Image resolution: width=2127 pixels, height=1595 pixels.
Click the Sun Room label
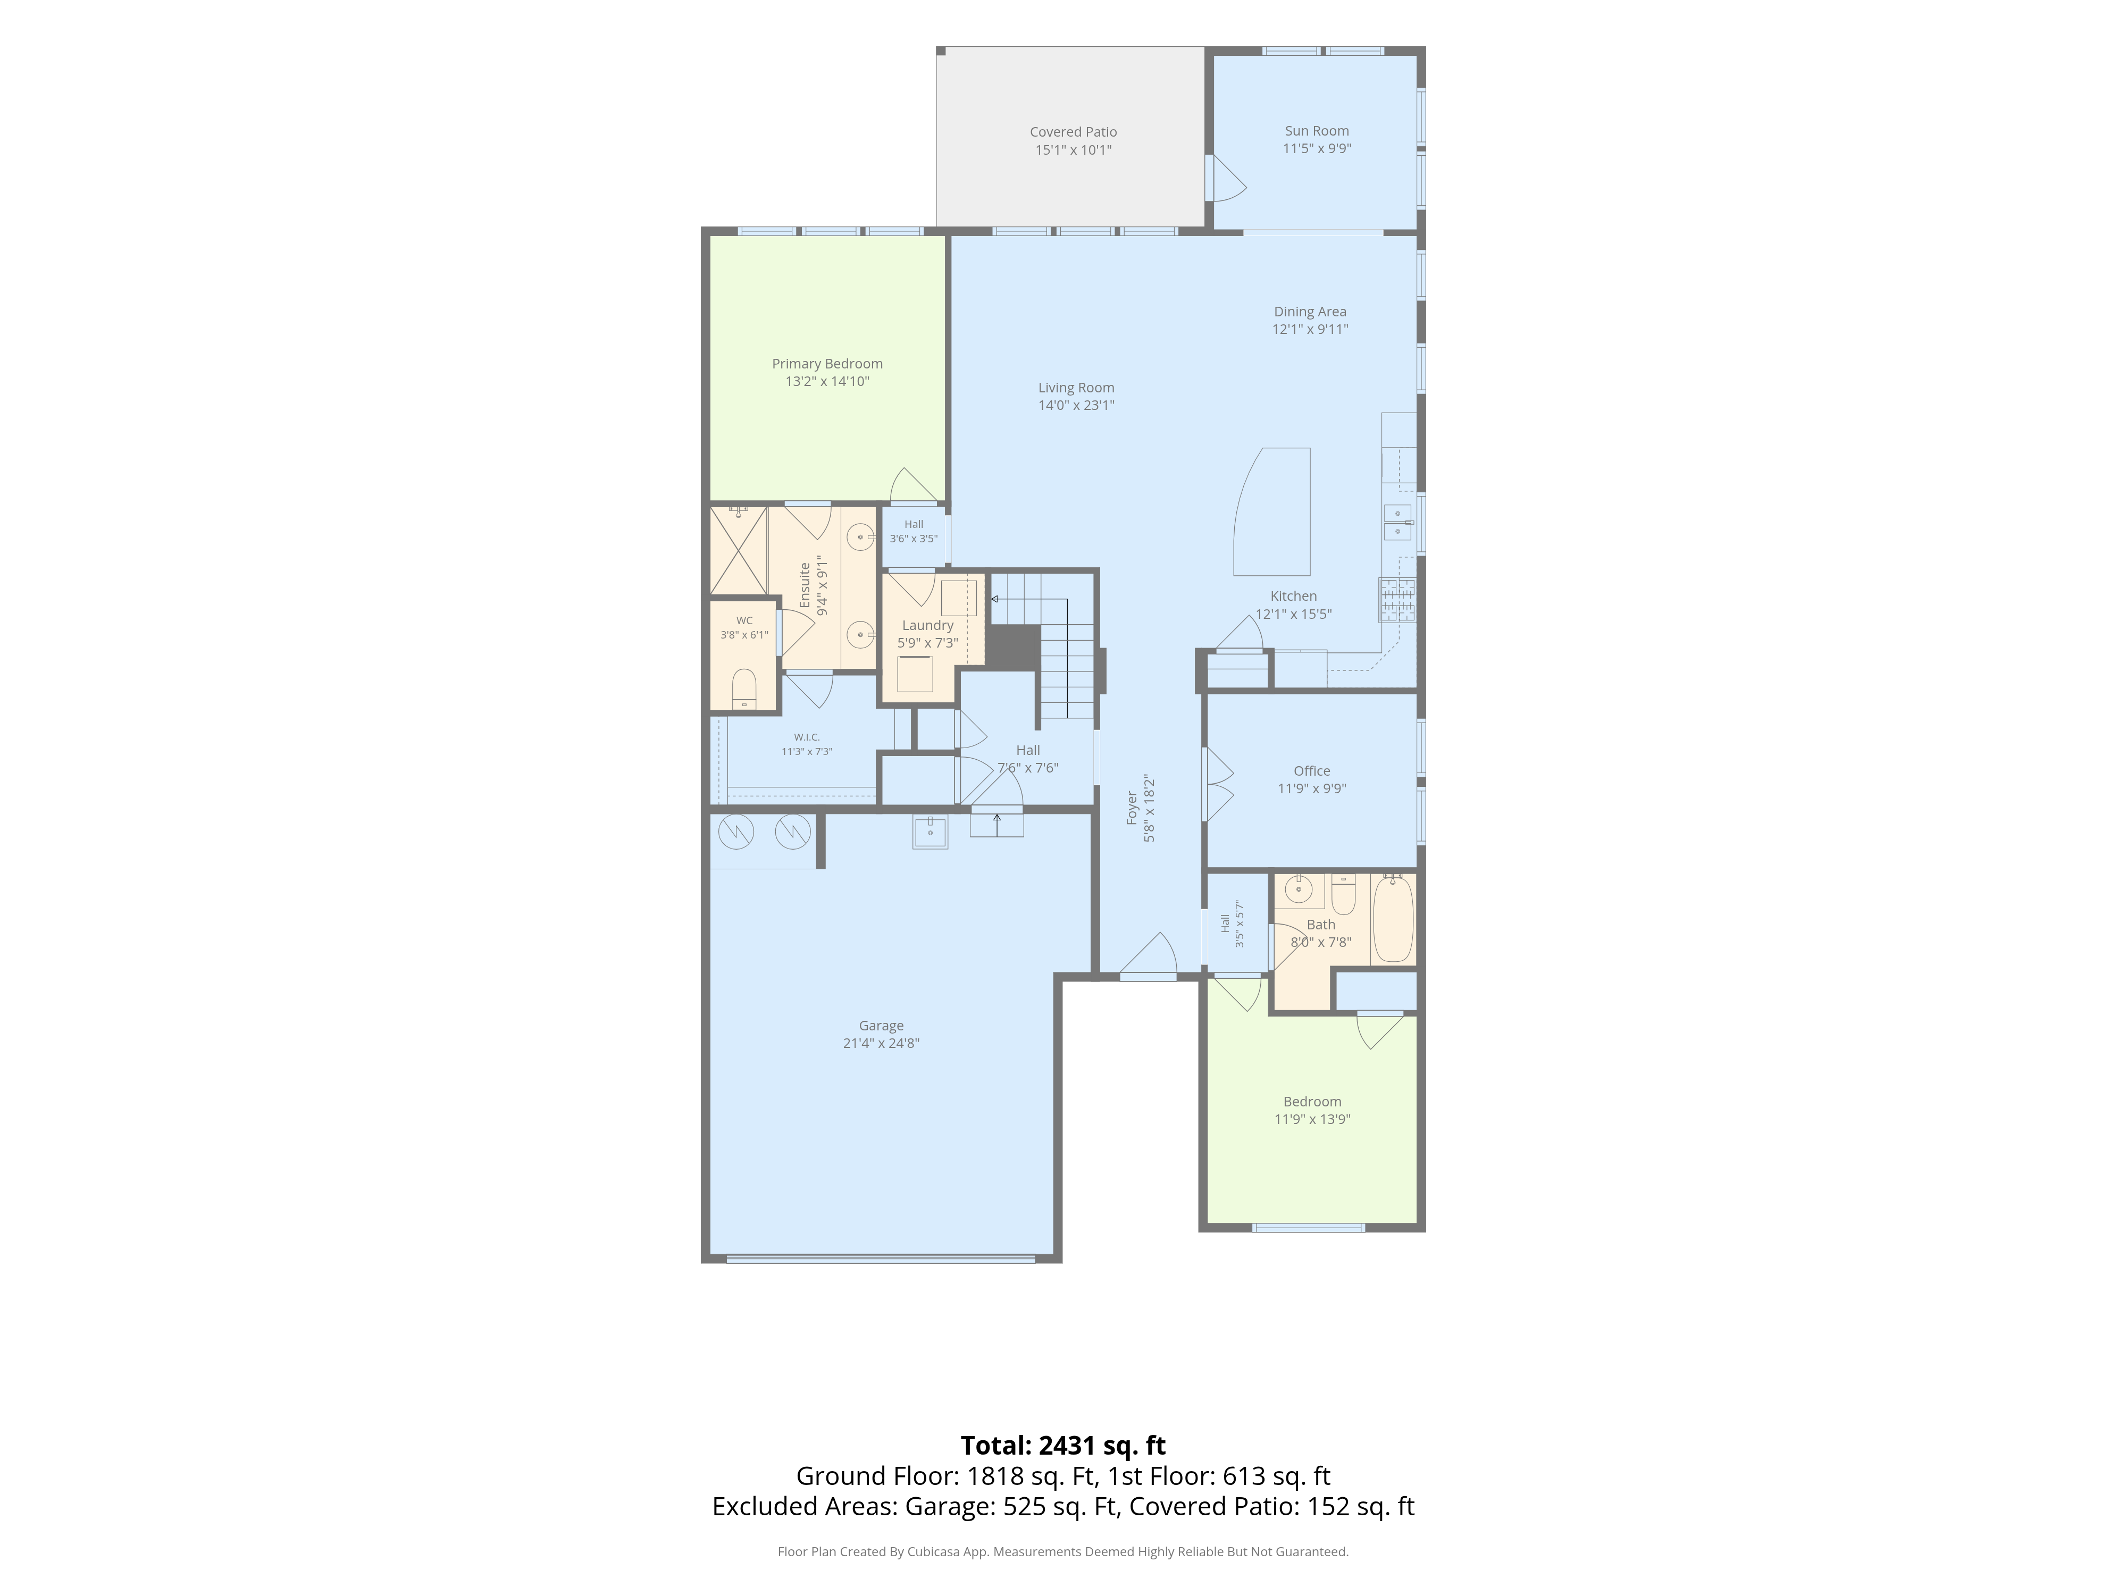[1317, 131]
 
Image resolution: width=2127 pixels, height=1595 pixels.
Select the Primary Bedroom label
[827, 364]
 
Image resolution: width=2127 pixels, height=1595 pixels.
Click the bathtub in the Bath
[1392, 918]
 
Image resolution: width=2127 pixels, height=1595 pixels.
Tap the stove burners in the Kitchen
[1397, 600]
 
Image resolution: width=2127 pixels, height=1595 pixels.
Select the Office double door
[1217, 784]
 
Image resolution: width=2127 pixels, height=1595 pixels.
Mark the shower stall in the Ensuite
[739, 550]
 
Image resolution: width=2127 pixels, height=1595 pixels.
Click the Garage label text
[881, 1026]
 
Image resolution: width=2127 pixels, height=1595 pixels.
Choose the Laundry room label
[928, 625]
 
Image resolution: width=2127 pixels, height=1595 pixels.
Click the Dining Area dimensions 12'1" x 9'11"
[1310, 329]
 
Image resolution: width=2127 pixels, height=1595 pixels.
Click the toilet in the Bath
[1343, 893]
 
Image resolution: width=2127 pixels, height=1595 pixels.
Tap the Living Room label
[1076, 388]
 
